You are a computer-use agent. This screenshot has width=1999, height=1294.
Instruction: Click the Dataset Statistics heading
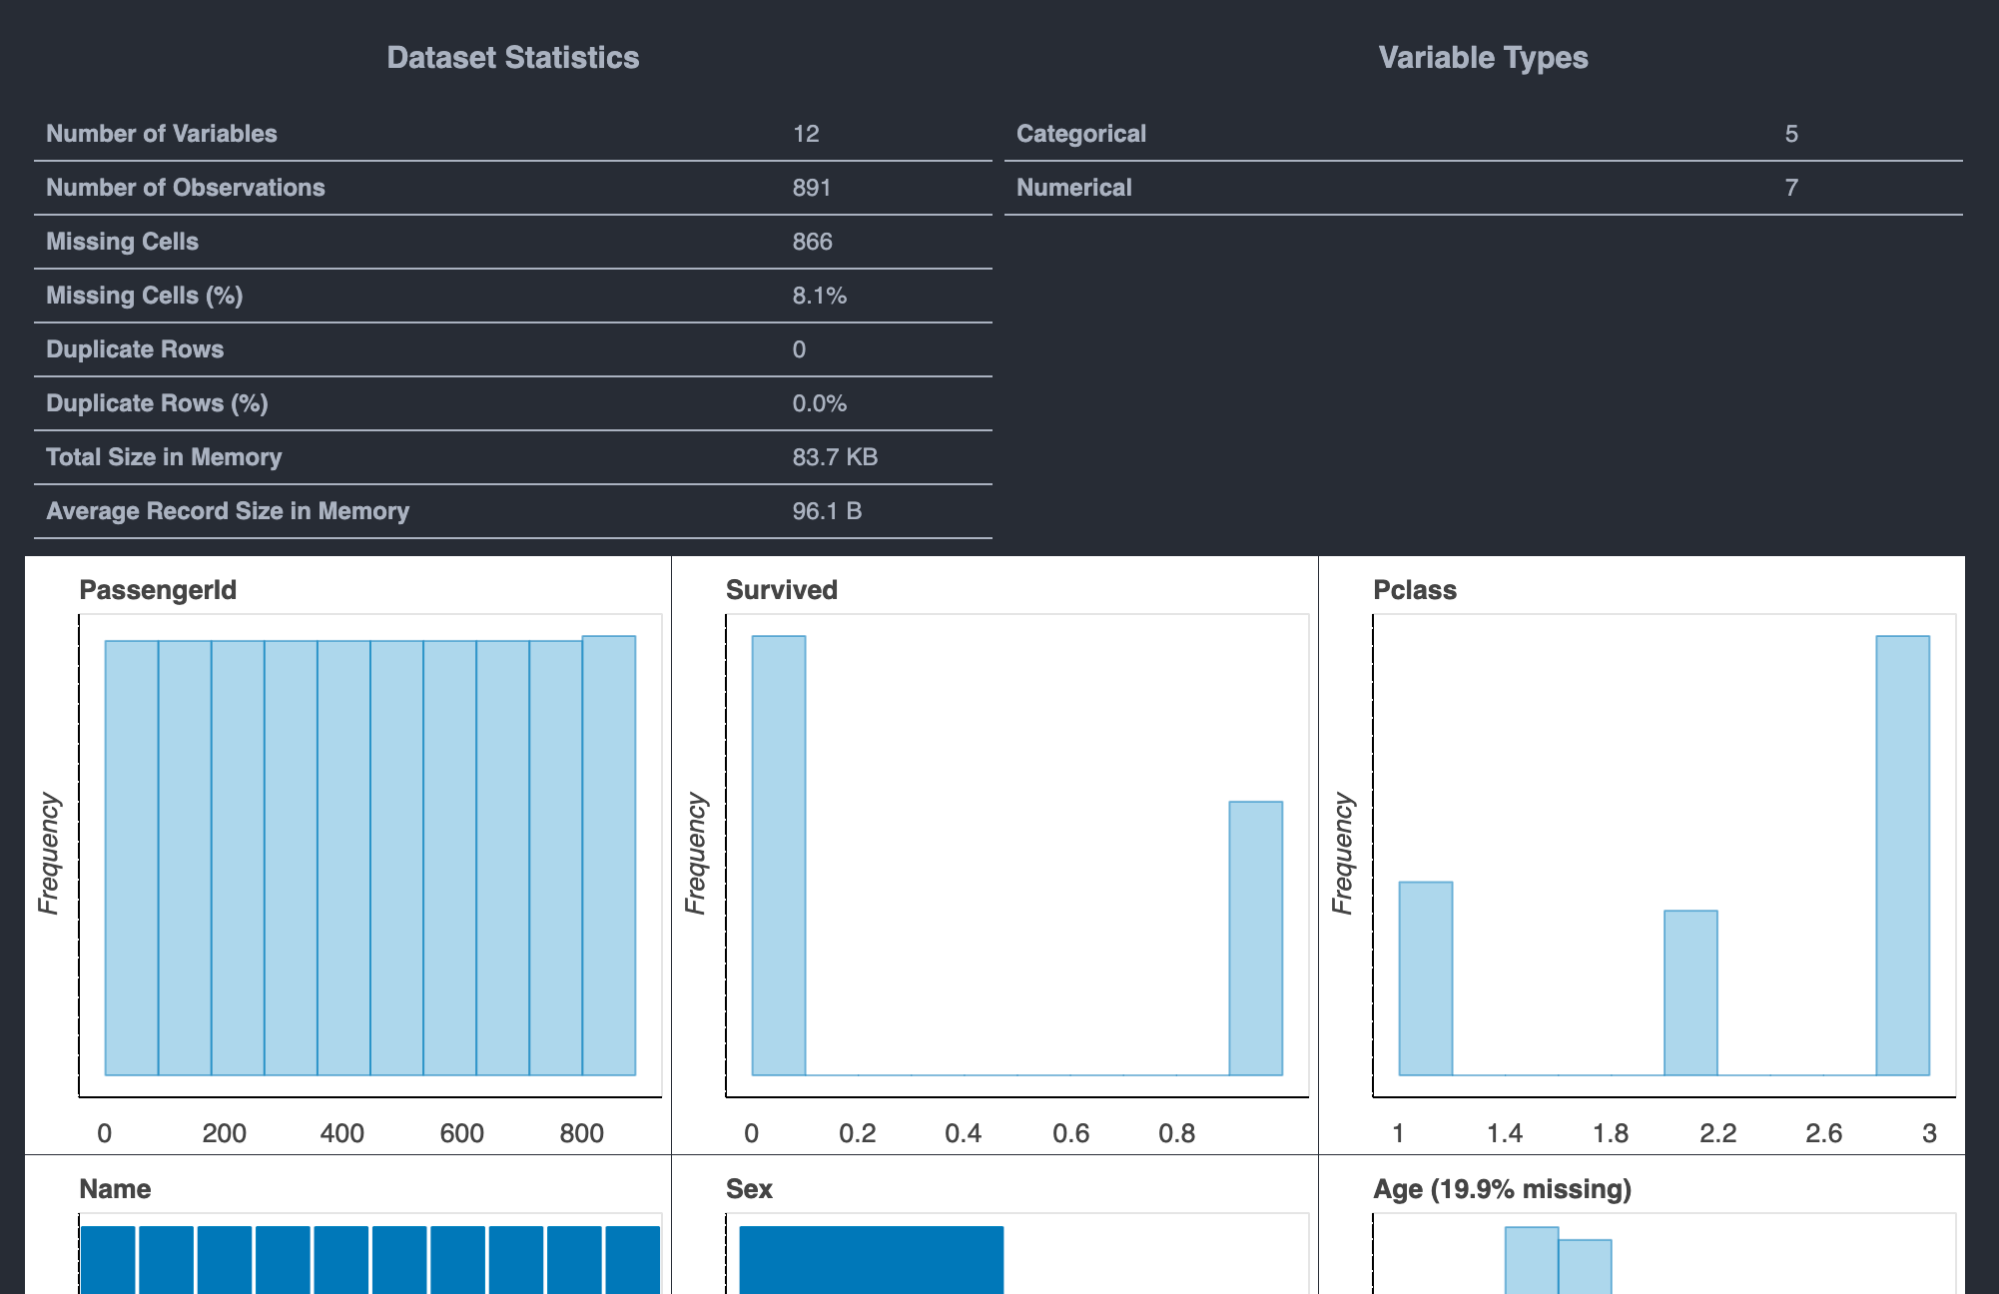pyautogui.click(x=512, y=58)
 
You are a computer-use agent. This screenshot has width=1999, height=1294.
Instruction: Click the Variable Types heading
pyautogui.click(x=1483, y=58)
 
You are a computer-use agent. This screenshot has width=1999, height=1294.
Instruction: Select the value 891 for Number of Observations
pyautogui.click(x=811, y=188)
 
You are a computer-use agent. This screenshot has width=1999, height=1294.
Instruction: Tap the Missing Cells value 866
pyautogui.click(x=812, y=242)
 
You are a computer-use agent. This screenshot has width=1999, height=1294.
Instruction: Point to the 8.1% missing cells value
pyautogui.click(x=819, y=296)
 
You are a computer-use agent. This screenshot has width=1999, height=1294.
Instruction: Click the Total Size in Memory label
pyautogui.click(x=164, y=457)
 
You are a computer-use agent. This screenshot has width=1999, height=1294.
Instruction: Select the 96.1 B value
pyautogui.click(x=827, y=511)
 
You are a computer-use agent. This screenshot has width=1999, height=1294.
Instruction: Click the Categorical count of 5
pyautogui.click(x=1791, y=134)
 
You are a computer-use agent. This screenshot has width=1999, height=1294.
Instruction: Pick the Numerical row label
pyautogui.click(x=1073, y=188)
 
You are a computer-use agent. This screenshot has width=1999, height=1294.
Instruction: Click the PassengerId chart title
pyautogui.click(x=158, y=590)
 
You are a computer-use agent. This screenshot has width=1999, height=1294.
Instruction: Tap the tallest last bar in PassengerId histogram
pyautogui.click(x=608, y=855)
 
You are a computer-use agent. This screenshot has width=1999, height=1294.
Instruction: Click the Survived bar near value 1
pyautogui.click(x=1255, y=938)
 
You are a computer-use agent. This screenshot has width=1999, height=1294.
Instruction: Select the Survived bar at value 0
pyautogui.click(x=778, y=855)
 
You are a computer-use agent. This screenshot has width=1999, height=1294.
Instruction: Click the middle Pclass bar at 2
pyautogui.click(x=1690, y=992)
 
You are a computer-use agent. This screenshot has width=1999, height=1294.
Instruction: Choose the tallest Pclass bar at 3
pyautogui.click(x=1902, y=855)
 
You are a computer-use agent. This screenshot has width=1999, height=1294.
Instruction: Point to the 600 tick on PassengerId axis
pyautogui.click(x=461, y=1133)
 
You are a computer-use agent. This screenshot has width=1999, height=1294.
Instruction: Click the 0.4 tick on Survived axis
pyautogui.click(x=963, y=1133)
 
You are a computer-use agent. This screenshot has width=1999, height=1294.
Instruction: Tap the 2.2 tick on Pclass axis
pyautogui.click(x=1717, y=1133)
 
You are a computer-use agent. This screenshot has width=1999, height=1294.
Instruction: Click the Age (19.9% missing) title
pyautogui.click(x=1502, y=1189)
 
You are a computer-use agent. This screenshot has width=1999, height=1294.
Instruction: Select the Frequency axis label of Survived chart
pyautogui.click(x=695, y=855)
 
